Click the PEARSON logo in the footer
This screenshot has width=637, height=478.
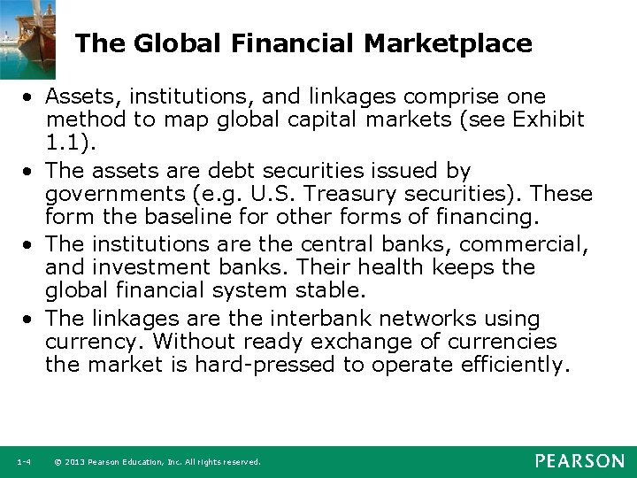click(579, 461)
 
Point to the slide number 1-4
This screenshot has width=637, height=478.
click(24, 462)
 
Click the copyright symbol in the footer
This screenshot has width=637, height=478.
click(57, 462)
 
